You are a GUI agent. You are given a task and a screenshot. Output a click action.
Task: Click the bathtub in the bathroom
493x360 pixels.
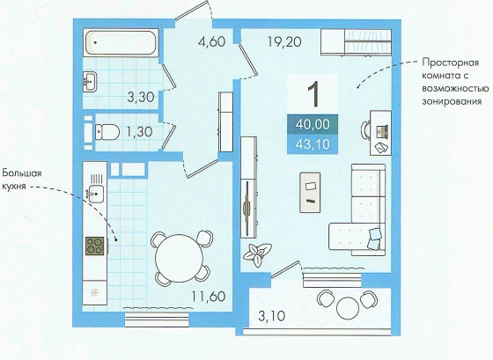tap(121, 43)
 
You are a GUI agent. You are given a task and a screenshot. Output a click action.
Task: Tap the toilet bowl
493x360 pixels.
tap(107, 132)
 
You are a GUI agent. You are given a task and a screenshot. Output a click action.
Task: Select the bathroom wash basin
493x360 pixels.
tap(90, 82)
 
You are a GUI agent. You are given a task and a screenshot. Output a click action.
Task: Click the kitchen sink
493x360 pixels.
tap(96, 194)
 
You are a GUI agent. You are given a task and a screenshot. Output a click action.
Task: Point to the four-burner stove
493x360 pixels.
tap(95, 246)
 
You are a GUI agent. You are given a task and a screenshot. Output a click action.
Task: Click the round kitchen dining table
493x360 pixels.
tap(180, 258)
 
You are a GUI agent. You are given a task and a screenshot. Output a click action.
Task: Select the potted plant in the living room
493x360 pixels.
tap(257, 253)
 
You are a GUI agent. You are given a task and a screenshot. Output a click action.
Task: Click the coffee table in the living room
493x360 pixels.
tap(310, 193)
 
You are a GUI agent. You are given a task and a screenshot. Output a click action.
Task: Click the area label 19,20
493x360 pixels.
tap(284, 41)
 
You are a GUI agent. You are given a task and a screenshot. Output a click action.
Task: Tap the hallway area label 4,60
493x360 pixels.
tap(212, 41)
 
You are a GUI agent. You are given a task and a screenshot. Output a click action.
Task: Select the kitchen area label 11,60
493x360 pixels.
tap(210, 296)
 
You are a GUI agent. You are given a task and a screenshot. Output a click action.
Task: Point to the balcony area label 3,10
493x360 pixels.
tap(272, 316)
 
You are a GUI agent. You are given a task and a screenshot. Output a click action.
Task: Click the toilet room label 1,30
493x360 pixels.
tap(140, 132)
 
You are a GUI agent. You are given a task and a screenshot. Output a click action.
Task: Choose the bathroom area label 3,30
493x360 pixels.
tap(141, 97)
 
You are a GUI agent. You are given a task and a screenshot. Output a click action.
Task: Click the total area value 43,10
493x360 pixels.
tap(313, 144)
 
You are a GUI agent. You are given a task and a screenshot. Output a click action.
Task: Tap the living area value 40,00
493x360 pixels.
tap(313, 124)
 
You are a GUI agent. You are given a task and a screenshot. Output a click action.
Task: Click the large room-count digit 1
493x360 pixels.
tap(313, 93)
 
